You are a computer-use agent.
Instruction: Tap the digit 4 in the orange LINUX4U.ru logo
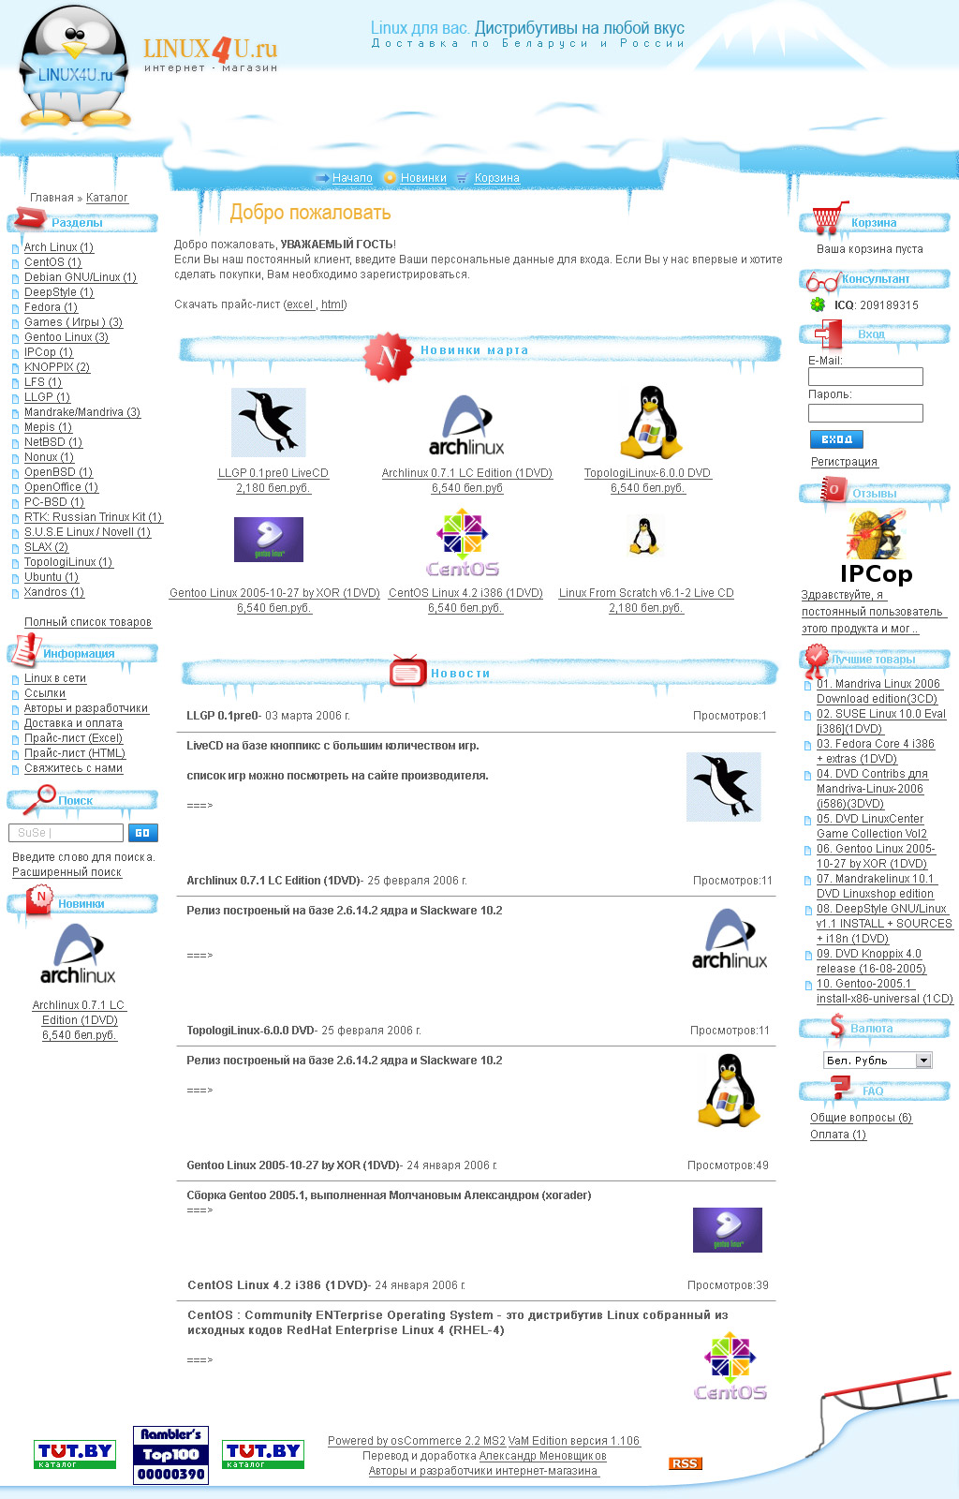(222, 51)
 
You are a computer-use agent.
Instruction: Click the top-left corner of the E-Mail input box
(808, 368)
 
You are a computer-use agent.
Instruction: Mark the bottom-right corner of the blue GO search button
(158, 841)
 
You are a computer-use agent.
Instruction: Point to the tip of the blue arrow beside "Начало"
(331, 177)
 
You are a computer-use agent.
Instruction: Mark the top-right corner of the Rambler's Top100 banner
(209, 1426)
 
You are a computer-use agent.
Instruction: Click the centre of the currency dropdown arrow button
(923, 1060)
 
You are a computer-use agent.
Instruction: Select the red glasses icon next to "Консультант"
(822, 281)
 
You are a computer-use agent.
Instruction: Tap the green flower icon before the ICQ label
(818, 305)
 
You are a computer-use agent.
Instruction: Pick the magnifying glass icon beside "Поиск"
(39, 798)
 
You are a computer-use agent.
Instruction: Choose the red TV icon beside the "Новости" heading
(408, 671)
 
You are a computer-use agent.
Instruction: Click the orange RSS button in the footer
(685, 1463)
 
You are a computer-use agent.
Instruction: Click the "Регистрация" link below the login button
(844, 462)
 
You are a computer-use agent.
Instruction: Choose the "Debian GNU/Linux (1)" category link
(81, 277)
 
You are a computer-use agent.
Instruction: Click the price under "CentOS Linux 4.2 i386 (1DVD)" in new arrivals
(465, 608)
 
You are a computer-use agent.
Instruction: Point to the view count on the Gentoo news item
(728, 1165)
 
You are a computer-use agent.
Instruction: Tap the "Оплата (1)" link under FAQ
(838, 1135)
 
